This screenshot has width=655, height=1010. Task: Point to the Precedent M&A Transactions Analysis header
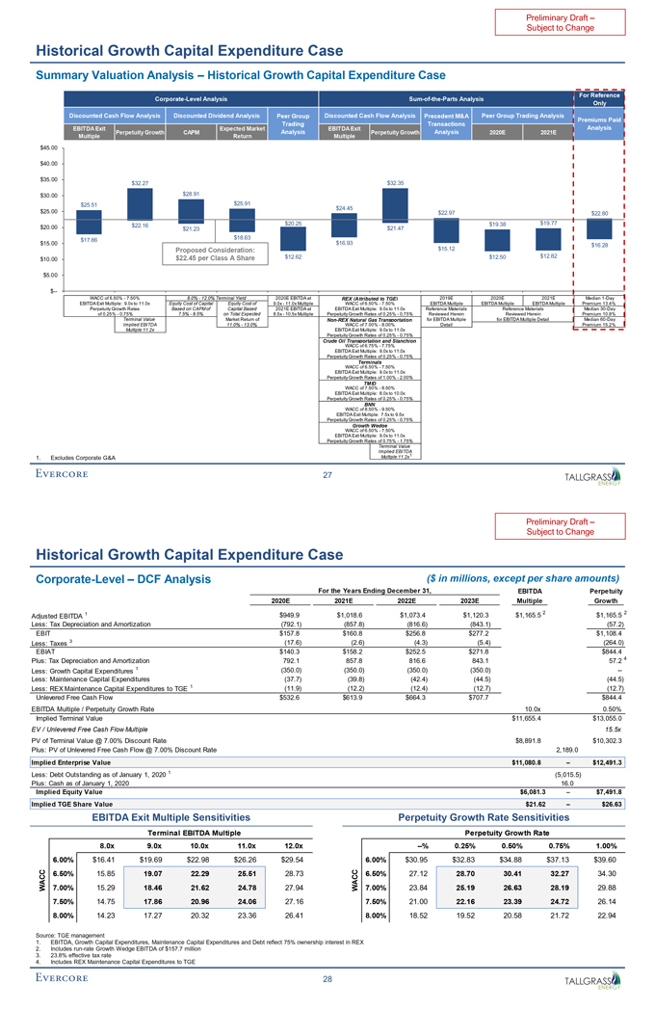[x=446, y=122]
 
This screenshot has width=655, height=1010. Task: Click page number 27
[x=327, y=446]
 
